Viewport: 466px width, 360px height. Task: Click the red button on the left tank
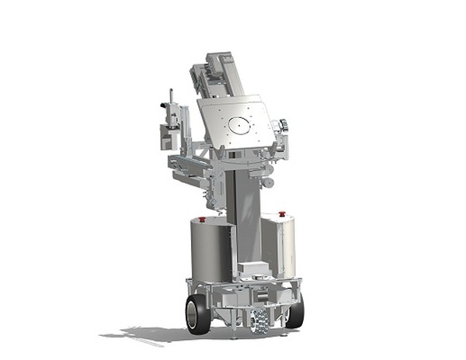[x=203, y=220]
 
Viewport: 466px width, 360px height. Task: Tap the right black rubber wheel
[x=295, y=310]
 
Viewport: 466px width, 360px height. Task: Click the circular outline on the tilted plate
[x=240, y=124]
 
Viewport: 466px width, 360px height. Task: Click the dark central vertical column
[x=247, y=217]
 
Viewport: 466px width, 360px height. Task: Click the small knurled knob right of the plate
[x=283, y=124]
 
